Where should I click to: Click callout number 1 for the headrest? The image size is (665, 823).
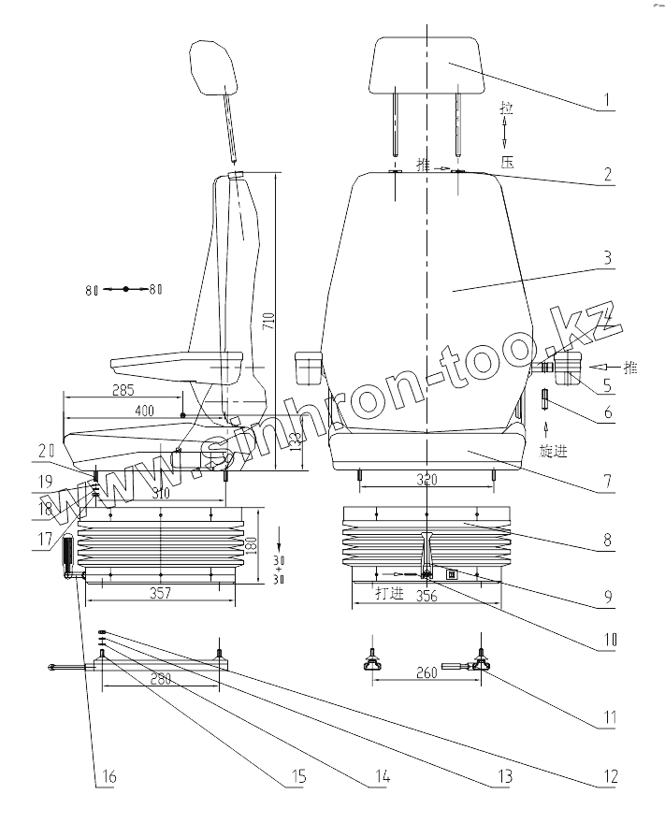coord(606,99)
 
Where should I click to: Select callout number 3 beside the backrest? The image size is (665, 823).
coord(606,259)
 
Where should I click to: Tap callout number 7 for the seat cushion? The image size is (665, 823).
coord(606,483)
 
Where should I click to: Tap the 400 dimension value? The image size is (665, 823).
coord(144,411)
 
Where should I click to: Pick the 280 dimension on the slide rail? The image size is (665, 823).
coord(160,679)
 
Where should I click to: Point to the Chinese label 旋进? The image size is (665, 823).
coord(554,450)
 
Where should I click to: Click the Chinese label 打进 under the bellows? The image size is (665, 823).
coord(389,593)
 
